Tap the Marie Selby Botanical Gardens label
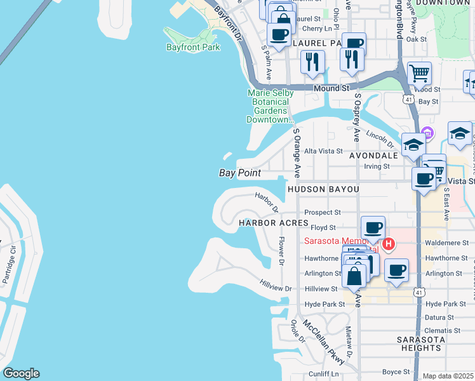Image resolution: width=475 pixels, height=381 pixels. tap(271, 106)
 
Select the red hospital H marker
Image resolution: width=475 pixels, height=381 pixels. tap(389, 243)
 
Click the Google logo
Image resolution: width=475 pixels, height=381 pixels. tap(21, 373)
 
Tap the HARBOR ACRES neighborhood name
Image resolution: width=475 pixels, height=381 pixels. tap(273, 224)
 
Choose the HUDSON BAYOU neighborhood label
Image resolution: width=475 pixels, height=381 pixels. tap(323, 189)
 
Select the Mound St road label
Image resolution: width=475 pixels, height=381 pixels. tap(332, 88)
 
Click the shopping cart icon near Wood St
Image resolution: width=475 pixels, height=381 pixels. tap(419, 74)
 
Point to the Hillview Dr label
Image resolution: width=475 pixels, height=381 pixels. tap(276, 288)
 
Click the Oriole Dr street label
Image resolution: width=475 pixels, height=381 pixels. tap(298, 330)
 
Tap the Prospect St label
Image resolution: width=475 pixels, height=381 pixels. tap(323, 213)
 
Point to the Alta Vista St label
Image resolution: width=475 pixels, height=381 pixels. tap(323, 151)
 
